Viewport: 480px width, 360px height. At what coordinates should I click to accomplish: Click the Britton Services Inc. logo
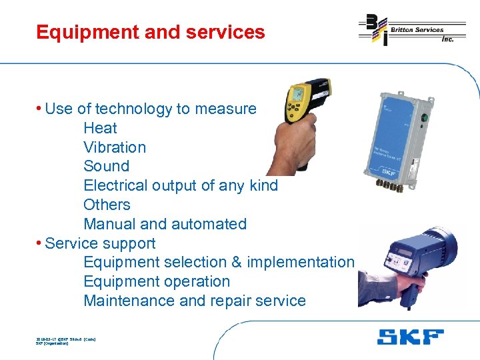coord(411,29)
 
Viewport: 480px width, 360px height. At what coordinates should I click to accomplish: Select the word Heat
coord(100,128)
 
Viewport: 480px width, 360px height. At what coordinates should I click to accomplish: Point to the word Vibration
coord(115,147)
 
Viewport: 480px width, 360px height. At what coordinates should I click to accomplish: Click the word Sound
coord(107,166)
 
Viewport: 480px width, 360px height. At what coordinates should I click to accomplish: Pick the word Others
coord(107,205)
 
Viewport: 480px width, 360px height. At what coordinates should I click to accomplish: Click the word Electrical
coord(114,185)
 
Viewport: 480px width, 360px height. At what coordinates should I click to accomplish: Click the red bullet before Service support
coord(40,243)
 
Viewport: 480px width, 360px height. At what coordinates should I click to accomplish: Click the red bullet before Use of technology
coord(40,109)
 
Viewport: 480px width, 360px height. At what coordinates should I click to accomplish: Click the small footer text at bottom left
coord(65,341)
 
